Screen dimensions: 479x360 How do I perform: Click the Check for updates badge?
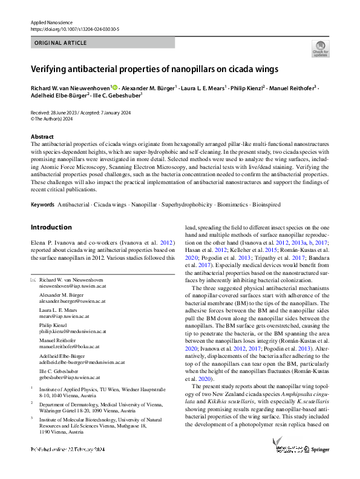(x=320, y=48)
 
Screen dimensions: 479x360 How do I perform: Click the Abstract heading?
(x=42, y=137)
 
